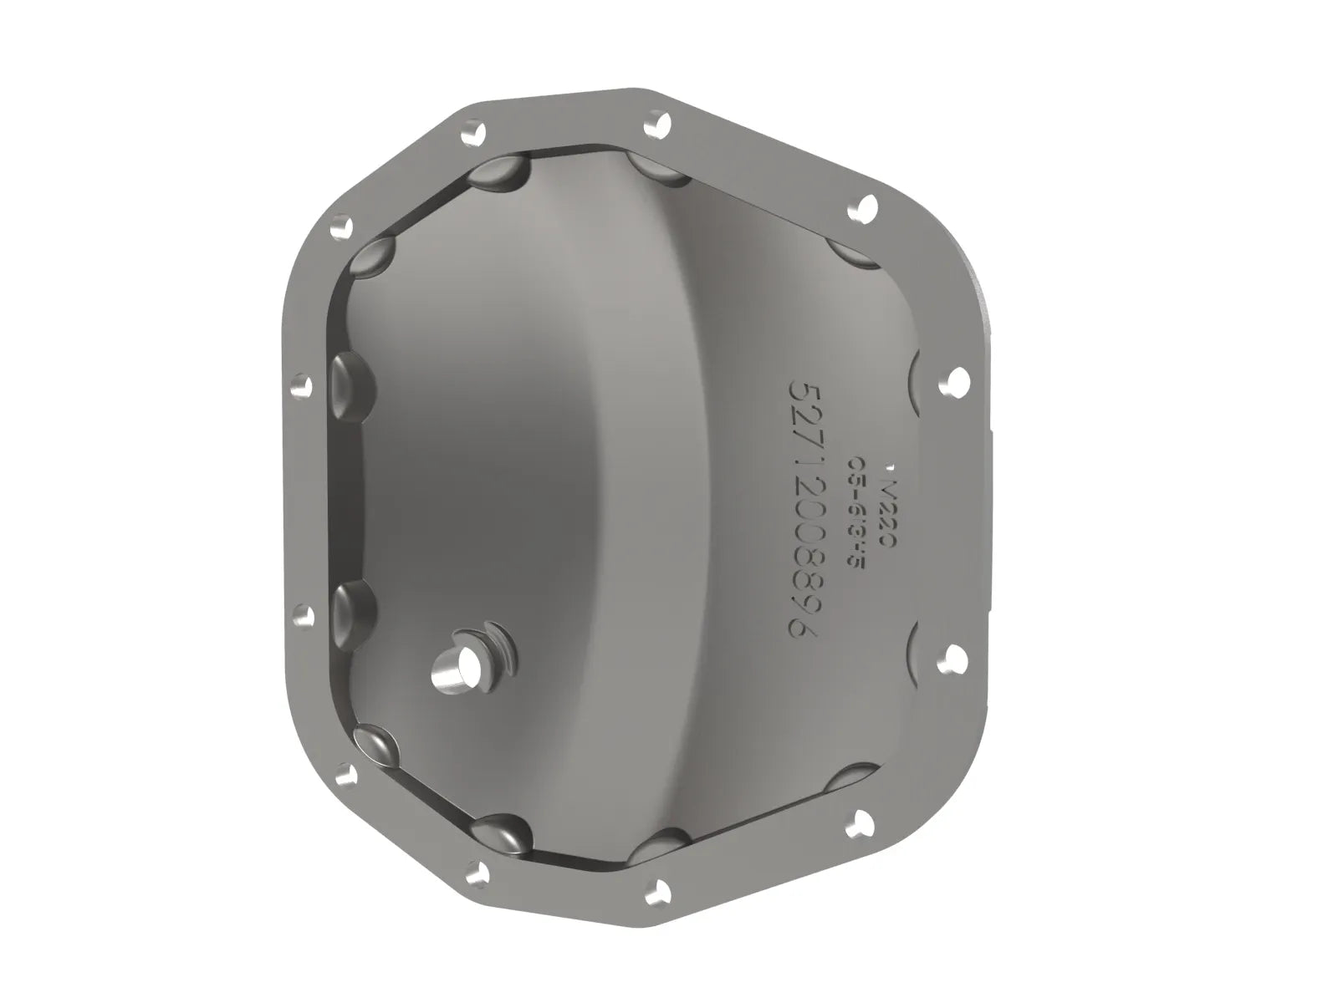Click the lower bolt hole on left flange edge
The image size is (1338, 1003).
[x=304, y=615]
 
